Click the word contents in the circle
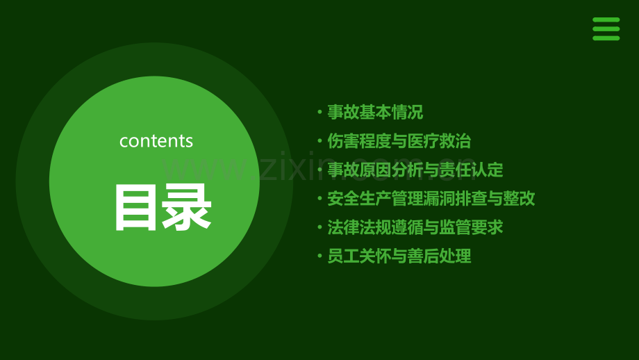156,140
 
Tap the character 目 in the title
136,207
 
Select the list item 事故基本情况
375,113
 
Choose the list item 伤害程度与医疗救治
399,141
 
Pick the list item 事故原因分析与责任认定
415,170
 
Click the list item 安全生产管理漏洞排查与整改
431,198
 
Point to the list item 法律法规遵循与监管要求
415,227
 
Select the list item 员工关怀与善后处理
399,256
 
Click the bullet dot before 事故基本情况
319,113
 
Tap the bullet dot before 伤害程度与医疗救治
319,141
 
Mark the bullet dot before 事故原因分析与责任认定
319,170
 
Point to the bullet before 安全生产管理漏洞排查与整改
319,199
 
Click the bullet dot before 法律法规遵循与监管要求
319,227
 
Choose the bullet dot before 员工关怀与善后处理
319,256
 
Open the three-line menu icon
606,29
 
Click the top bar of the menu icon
606,20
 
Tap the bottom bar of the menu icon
606,38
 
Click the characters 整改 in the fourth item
519,198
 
